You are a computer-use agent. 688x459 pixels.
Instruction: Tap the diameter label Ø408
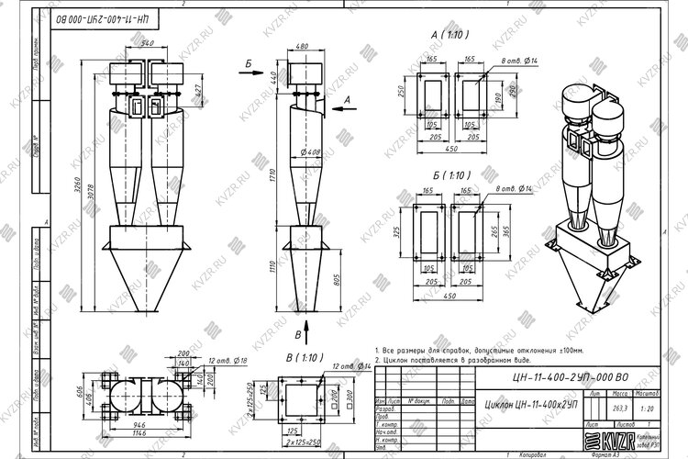[x=308, y=152]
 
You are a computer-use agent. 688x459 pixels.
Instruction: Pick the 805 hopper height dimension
[x=337, y=281]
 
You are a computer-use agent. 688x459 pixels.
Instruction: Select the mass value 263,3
[x=594, y=409]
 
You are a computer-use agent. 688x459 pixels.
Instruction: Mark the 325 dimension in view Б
[x=400, y=234]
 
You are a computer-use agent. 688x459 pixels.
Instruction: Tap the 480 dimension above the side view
[x=302, y=44]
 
